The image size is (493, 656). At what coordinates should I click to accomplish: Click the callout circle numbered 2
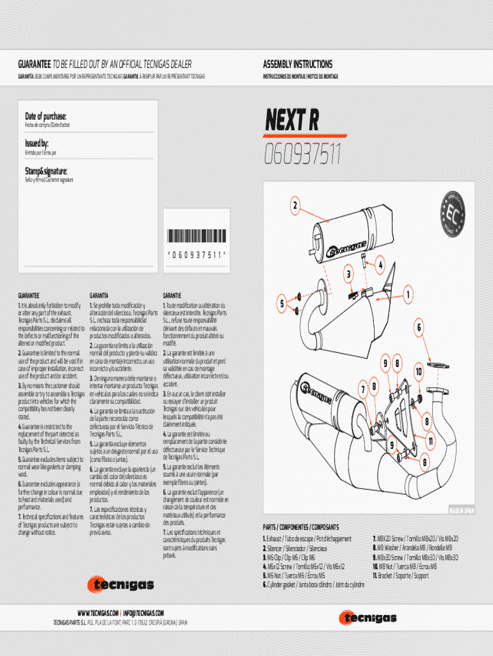[x=295, y=206]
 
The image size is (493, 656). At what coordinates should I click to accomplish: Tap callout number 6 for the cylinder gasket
[x=420, y=327]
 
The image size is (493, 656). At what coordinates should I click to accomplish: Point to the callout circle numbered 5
[x=280, y=302]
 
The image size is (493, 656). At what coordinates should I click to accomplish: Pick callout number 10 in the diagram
[x=419, y=371]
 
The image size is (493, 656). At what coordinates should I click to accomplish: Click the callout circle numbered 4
[x=380, y=263]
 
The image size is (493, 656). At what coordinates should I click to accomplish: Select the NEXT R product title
[x=291, y=120]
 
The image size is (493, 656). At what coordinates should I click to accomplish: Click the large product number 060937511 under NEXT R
[x=302, y=154]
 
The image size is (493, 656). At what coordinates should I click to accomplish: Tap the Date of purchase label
[x=45, y=116]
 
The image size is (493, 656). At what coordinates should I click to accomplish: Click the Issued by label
[x=36, y=143]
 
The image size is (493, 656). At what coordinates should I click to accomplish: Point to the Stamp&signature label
[x=46, y=171]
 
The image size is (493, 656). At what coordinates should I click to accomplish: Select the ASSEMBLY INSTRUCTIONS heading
[x=298, y=64]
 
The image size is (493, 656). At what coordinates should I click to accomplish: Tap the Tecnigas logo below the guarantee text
[x=121, y=584]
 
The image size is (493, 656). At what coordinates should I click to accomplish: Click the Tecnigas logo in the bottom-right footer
[x=368, y=618]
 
